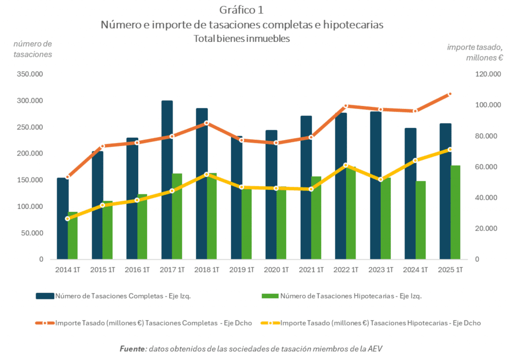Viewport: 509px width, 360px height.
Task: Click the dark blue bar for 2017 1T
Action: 167,179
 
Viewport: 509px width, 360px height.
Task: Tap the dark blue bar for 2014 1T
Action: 62,219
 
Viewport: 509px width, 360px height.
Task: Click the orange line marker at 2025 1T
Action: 450,94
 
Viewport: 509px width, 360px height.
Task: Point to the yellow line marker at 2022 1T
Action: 345,165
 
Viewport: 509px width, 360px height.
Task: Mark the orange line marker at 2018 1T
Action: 207,123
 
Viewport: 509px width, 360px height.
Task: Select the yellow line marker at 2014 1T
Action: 68,219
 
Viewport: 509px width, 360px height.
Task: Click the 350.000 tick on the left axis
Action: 30,74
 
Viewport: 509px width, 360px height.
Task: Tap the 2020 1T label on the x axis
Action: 276,270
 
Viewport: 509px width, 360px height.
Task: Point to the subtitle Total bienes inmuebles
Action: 242,38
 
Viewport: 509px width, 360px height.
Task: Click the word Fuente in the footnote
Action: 133,349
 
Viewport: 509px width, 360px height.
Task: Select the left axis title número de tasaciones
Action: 32,49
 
